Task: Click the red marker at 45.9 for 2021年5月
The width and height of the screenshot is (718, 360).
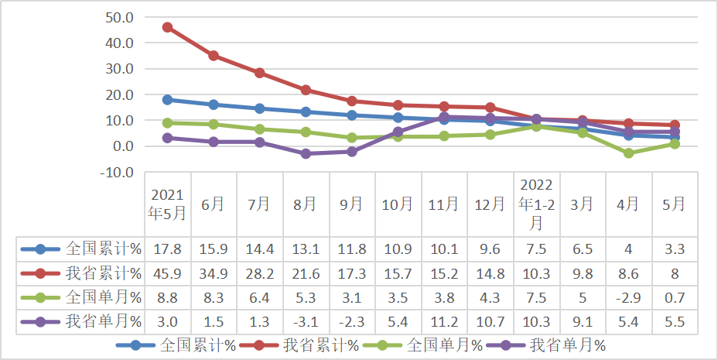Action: click(x=167, y=27)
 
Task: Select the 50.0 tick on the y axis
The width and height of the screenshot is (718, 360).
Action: click(x=118, y=17)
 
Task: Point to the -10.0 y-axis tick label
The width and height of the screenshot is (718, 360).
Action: click(x=117, y=172)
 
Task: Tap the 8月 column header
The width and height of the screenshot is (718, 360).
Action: click(x=305, y=204)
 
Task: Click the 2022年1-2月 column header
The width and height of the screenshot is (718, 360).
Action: click(x=536, y=204)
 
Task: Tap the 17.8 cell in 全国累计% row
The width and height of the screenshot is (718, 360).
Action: click(x=168, y=249)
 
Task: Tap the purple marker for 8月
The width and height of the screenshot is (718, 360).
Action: click(x=306, y=153)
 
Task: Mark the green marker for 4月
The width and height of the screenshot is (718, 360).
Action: click(x=628, y=153)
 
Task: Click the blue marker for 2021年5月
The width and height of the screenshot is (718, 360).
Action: click(x=167, y=100)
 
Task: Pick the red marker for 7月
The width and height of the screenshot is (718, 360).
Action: click(x=259, y=73)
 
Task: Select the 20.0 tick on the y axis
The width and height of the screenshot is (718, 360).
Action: click(x=118, y=94)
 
